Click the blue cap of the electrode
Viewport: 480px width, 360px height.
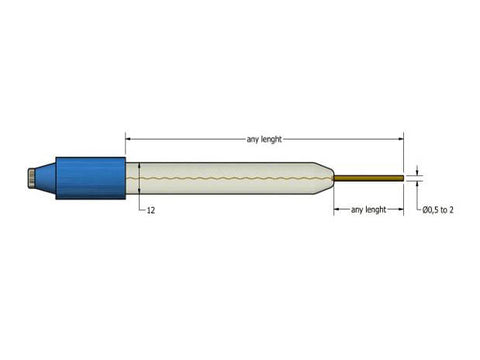click(95, 179)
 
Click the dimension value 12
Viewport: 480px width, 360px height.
click(150, 211)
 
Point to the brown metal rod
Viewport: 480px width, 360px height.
click(370, 179)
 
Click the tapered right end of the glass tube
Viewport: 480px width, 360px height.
click(325, 179)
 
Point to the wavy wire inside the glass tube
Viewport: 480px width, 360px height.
click(230, 179)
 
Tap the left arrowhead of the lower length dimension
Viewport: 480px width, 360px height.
click(335, 210)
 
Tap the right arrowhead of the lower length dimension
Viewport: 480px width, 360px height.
click(401, 210)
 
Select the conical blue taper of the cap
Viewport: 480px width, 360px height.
click(47, 179)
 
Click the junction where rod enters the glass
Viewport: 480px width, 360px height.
click(335, 179)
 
